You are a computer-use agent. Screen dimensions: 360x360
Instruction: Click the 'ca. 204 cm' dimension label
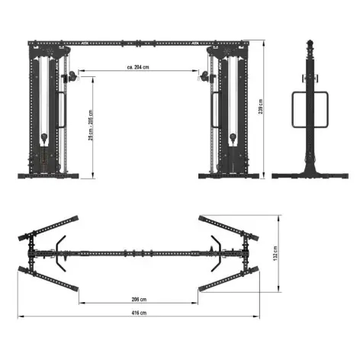tap(138, 67)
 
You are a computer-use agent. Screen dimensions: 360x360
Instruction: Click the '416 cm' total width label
tap(138, 312)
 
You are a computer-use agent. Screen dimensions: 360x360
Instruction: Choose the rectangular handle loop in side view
tap(310, 111)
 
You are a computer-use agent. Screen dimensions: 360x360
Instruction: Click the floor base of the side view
tap(310, 176)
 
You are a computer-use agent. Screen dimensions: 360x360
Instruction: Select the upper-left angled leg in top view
tap(53, 226)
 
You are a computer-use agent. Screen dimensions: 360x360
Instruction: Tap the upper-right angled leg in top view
tap(223, 226)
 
